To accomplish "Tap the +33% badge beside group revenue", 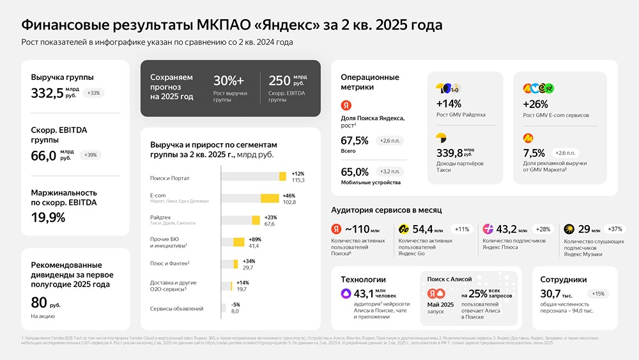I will click(x=93, y=93).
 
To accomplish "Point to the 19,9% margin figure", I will click(x=48, y=217).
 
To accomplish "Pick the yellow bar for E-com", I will click(x=270, y=198).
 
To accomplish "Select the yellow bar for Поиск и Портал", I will click(x=282, y=176).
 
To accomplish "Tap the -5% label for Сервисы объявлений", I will click(x=235, y=304).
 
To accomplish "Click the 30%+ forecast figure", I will click(x=229, y=81).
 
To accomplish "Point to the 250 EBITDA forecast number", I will click(x=279, y=81).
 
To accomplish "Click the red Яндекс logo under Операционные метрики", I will click(x=346, y=105).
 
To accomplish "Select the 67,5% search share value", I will click(x=355, y=141).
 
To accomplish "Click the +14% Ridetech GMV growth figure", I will click(x=449, y=104).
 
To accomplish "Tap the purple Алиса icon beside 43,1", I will click(x=346, y=293).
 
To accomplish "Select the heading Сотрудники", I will click(x=564, y=279).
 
